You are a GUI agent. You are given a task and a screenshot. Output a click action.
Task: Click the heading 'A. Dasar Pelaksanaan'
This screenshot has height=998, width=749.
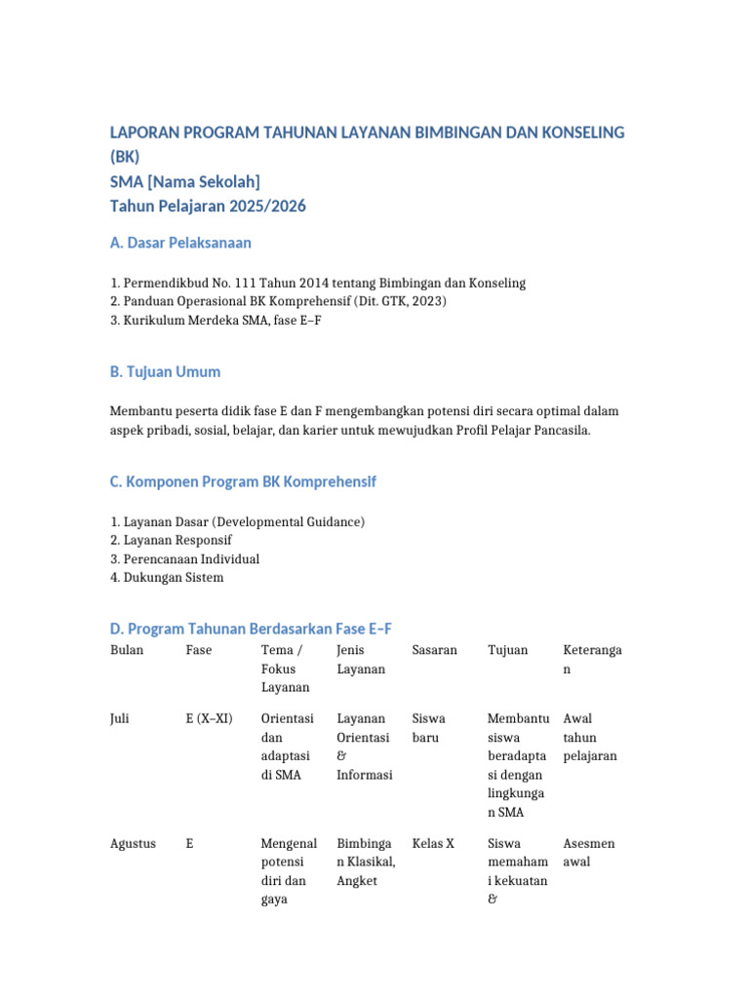(181, 243)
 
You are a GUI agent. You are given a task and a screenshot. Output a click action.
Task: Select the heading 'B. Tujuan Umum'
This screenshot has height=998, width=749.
(165, 371)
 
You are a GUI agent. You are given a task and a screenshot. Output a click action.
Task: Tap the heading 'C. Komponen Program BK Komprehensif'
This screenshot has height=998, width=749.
(243, 481)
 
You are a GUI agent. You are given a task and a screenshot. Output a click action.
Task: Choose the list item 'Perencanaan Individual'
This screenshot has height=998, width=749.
(190, 558)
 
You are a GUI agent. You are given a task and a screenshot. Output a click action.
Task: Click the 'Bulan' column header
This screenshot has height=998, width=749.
(127, 650)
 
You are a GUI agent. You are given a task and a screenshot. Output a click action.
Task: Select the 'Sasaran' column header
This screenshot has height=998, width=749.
(434, 650)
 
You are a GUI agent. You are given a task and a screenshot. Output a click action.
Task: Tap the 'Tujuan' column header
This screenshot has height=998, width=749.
(507, 650)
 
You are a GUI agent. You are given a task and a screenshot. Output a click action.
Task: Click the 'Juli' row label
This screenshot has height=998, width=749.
(122, 718)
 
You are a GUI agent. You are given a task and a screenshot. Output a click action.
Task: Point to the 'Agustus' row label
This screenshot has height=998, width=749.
(133, 843)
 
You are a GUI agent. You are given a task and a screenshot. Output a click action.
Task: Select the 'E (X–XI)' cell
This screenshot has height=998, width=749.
(209, 718)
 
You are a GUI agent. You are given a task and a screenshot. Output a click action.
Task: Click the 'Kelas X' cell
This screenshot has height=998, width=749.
(433, 843)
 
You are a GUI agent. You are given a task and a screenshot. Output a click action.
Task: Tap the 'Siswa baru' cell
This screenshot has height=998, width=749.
(428, 728)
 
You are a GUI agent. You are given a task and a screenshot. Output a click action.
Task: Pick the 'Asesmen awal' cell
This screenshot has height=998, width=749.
(589, 853)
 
